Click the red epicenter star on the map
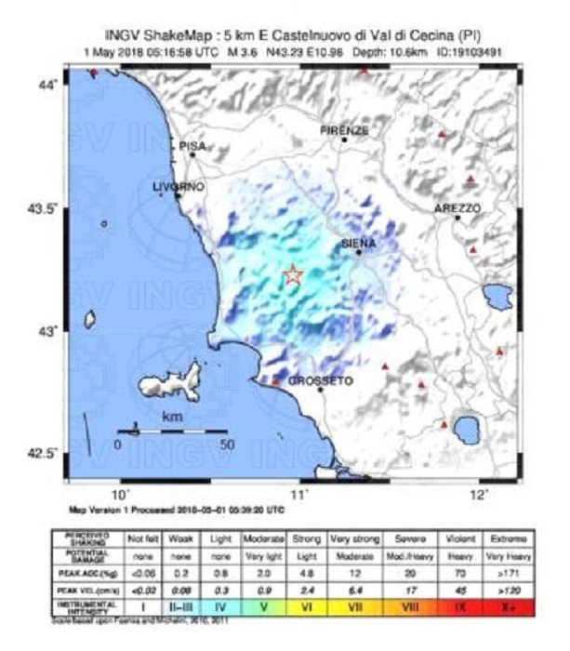tap(293, 275)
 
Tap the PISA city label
tap(192, 146)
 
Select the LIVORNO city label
tap(177, 187)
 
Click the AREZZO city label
tap(457, 209)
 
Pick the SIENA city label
tap(358, 243)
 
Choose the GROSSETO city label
tap(317, 381)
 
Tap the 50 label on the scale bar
tap(225, 445)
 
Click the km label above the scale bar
tap(172, 418)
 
